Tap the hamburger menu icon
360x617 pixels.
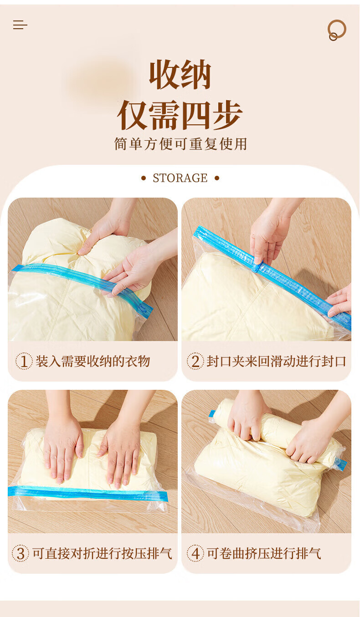tap(20, 25)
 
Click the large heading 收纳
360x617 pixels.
tap(180, 74)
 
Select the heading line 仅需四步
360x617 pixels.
tap(180, 115)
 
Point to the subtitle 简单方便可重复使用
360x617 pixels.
tap(180, 144)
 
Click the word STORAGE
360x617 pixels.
tap(180, 178)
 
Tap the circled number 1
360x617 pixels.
tap(24, 361)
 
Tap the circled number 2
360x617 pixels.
tap(195, 361)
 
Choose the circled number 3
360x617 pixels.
tap(21, 553)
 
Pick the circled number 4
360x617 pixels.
tap(195, 553)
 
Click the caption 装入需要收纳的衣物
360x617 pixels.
tap(93, 361)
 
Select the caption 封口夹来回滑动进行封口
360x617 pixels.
tap(276, 361)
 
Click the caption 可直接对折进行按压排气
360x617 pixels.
tap(102, 553)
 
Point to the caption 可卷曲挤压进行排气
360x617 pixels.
tap(264, 553)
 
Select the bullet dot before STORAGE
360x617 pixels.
tap(144, 178)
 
